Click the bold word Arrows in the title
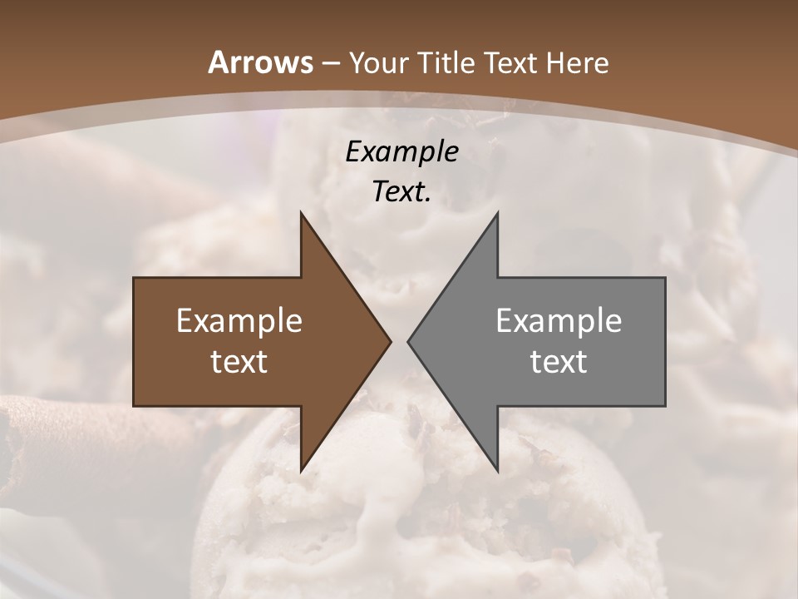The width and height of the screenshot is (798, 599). click(260, 62)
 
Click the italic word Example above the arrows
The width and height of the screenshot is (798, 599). click(401, 151)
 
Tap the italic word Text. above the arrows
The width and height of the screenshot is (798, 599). click(401, 192)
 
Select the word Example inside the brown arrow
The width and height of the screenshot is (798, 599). click(239, 320)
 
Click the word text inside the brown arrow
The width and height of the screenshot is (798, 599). click(239, 361)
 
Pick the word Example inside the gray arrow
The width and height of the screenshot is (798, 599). click(559, 320)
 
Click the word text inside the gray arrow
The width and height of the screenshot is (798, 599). click(559, 361)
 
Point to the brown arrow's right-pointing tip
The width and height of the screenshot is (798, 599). click(389, 341)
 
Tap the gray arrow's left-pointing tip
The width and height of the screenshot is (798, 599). click(409, 341)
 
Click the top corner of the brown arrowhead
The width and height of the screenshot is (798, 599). click(302, 214)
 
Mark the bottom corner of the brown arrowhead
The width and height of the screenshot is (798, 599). click(302, 470)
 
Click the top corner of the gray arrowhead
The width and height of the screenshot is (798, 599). click(497, 214)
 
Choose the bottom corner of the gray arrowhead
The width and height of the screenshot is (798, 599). click(497, 470)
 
